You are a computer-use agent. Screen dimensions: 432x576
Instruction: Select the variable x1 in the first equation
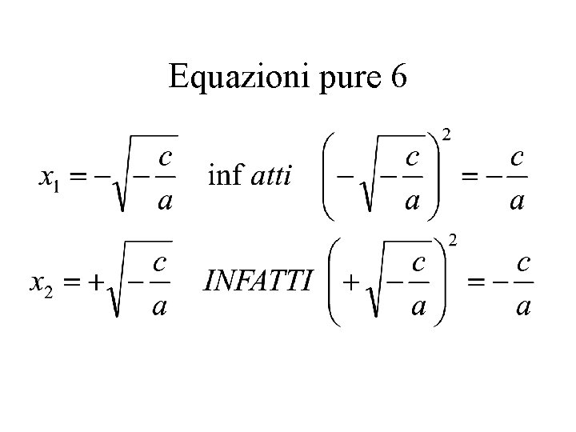pos(50,176)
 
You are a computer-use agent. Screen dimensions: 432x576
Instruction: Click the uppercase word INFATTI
pos(258,281)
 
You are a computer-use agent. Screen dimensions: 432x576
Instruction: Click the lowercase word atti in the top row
pos(272,174)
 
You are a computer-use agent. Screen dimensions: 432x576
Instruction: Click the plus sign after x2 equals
pos(96,282)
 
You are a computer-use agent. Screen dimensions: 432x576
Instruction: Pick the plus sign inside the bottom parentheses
pos(349,282)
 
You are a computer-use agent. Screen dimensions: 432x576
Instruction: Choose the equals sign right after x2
pos(71,282)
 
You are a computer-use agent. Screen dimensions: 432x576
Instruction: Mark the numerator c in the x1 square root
pos(166,152)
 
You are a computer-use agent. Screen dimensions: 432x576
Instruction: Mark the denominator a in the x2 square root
pos(159,306)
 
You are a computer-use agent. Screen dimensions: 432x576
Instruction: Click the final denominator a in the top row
pos(518,200)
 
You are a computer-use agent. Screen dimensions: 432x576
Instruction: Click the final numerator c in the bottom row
pos(524,261)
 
